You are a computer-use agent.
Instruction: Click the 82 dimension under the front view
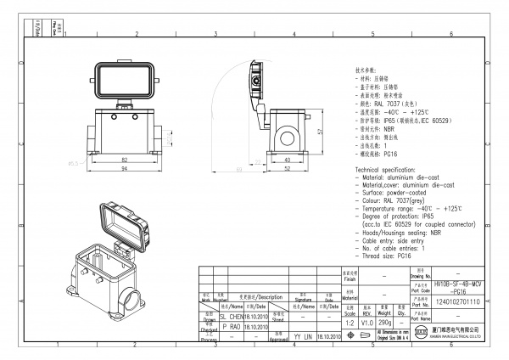coord(124,160)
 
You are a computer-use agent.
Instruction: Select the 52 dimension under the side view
coord(288,169)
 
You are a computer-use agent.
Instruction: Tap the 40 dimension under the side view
coord(288,160)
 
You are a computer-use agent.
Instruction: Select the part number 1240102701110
coord(457,301)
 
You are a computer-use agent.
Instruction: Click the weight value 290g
coord(383,323)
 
